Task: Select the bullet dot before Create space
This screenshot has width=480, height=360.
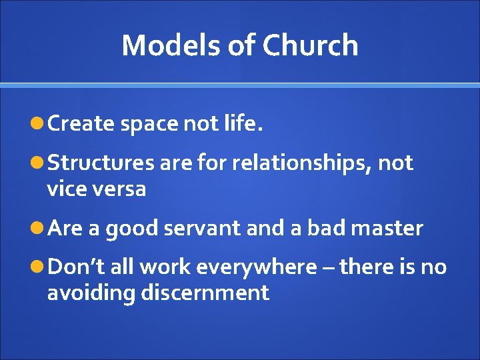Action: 39,123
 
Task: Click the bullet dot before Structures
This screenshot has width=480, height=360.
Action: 39,163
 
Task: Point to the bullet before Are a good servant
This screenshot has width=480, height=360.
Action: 39,229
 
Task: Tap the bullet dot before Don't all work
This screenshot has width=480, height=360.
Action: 39,267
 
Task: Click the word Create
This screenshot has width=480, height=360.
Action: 81,123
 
